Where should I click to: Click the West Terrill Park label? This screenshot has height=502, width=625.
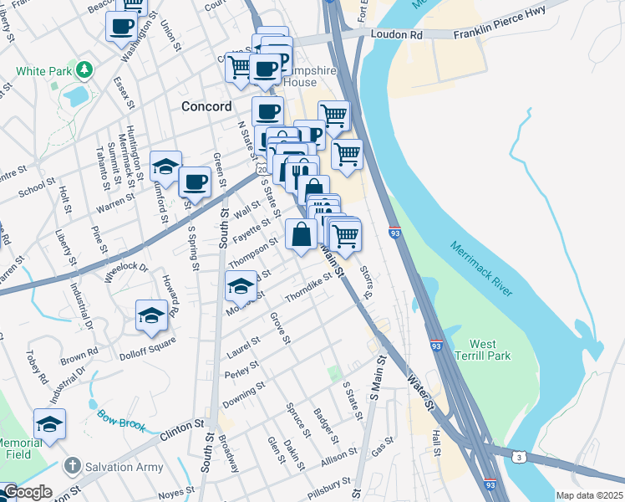[x=489, y=350]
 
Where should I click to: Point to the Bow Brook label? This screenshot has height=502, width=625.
[x=122, y=416]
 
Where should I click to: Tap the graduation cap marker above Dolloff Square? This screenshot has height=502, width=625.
[x=151, y=315]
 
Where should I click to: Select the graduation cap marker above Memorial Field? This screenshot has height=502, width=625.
[x=49, y=423]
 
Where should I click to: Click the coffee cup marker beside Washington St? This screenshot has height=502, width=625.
[x=120, y=25]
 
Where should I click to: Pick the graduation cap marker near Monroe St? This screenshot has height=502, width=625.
[x=240, y=287]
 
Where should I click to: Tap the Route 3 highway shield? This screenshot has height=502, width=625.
[x=520, y=456]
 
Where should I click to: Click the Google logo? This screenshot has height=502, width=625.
[x=28, y=493]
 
